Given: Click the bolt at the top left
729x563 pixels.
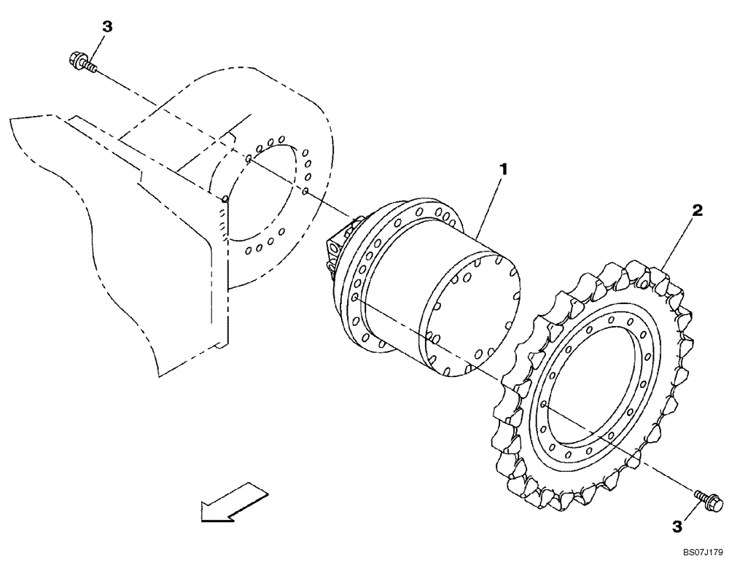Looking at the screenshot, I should pos(82,61).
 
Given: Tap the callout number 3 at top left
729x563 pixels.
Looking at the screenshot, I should pos(106,27).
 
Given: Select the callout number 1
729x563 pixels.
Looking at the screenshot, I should pos(502,169).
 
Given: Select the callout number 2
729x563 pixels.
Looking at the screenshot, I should pos(697,211).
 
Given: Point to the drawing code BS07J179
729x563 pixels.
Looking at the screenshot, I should pos(701,554).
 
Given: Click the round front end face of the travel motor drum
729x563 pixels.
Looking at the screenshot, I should pos(471,314).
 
